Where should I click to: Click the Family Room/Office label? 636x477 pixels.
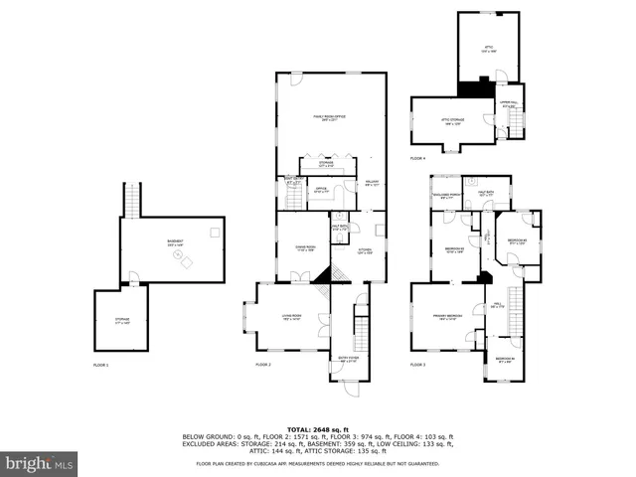pyautogui.click(x=325, y=118)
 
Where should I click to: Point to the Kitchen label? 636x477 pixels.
pyautogui.click(x=365, y=251)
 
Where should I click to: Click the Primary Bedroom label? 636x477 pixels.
pyautogui.click(x=444, y=317)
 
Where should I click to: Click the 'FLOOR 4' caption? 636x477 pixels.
pyautogui.click(x=418, y=158)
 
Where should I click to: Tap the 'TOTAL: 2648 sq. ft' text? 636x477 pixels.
pyautogui.click(x=317, y=429)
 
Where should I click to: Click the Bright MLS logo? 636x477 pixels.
pyautogui.click(x=40, y=463)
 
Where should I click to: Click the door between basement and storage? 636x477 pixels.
pyautogui.click(x=131, y=285)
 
